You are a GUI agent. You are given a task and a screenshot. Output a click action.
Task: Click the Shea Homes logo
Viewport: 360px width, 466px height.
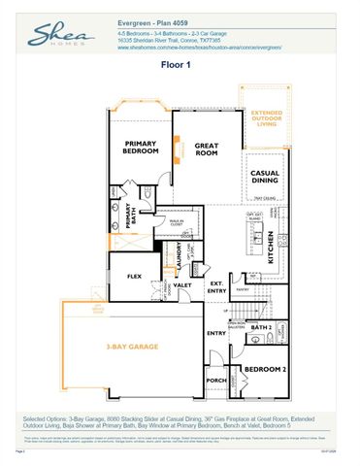60,38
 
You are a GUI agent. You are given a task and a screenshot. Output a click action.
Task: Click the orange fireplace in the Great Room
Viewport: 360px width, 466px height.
176,148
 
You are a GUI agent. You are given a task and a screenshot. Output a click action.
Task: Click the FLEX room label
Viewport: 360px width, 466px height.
135,277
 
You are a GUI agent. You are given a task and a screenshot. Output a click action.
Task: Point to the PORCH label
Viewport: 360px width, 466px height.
215,380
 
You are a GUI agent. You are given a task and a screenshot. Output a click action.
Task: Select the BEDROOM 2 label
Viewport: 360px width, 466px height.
262,370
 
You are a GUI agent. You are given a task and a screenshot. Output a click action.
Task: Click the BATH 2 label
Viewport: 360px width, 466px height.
259,328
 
